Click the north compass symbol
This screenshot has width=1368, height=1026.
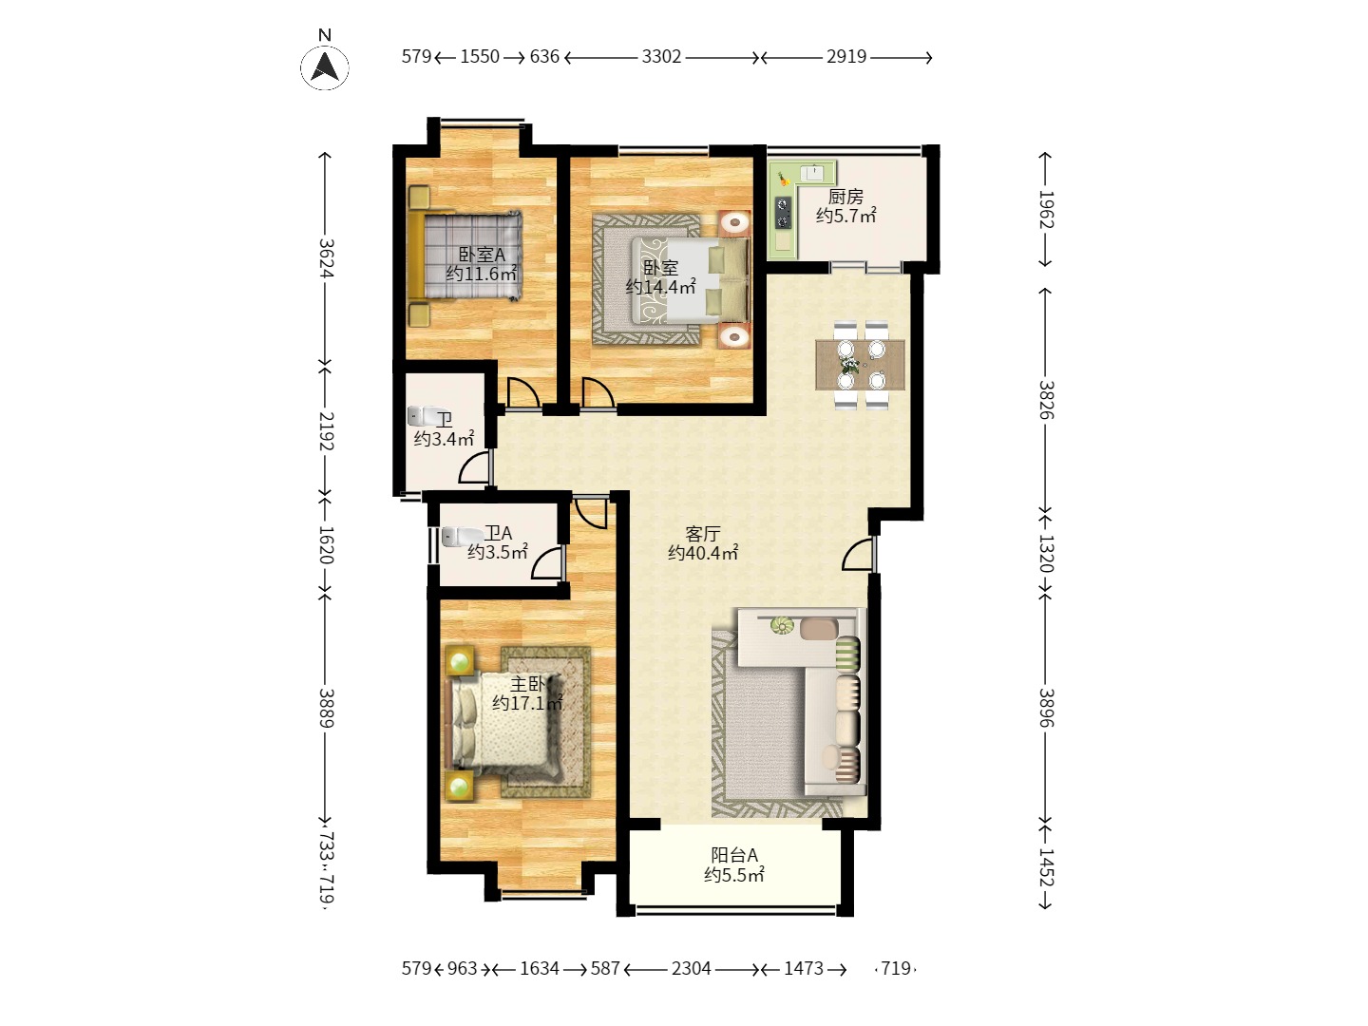[x=325, y=66]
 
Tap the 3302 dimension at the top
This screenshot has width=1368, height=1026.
[x=661, y=57]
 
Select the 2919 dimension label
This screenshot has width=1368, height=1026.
[x=846, y=57]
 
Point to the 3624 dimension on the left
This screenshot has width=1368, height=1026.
[x=326, y=258]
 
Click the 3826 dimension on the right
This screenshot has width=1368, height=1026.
[x=1046, y=400]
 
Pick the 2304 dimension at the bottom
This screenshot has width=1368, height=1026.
[x=692, y=969]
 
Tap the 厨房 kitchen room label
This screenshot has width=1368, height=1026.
[x=845, y=197]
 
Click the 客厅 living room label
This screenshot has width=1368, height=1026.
[x=703, y=534]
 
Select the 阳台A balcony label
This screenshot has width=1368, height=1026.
[x=734, y=855]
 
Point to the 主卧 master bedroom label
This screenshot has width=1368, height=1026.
[x=527, y=685]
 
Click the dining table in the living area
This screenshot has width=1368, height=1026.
[x=860, y=365]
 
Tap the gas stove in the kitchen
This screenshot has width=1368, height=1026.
[x=783, y=213]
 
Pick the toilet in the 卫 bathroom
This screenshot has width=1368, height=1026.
[x=427, y=415]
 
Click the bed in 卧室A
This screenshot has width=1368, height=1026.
[x=465, y=256]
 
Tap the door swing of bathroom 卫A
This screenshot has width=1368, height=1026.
[x=546, y=563]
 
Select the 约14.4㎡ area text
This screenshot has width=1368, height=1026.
[x=660, y=287]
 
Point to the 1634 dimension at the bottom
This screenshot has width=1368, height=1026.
[x=540, y=969]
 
